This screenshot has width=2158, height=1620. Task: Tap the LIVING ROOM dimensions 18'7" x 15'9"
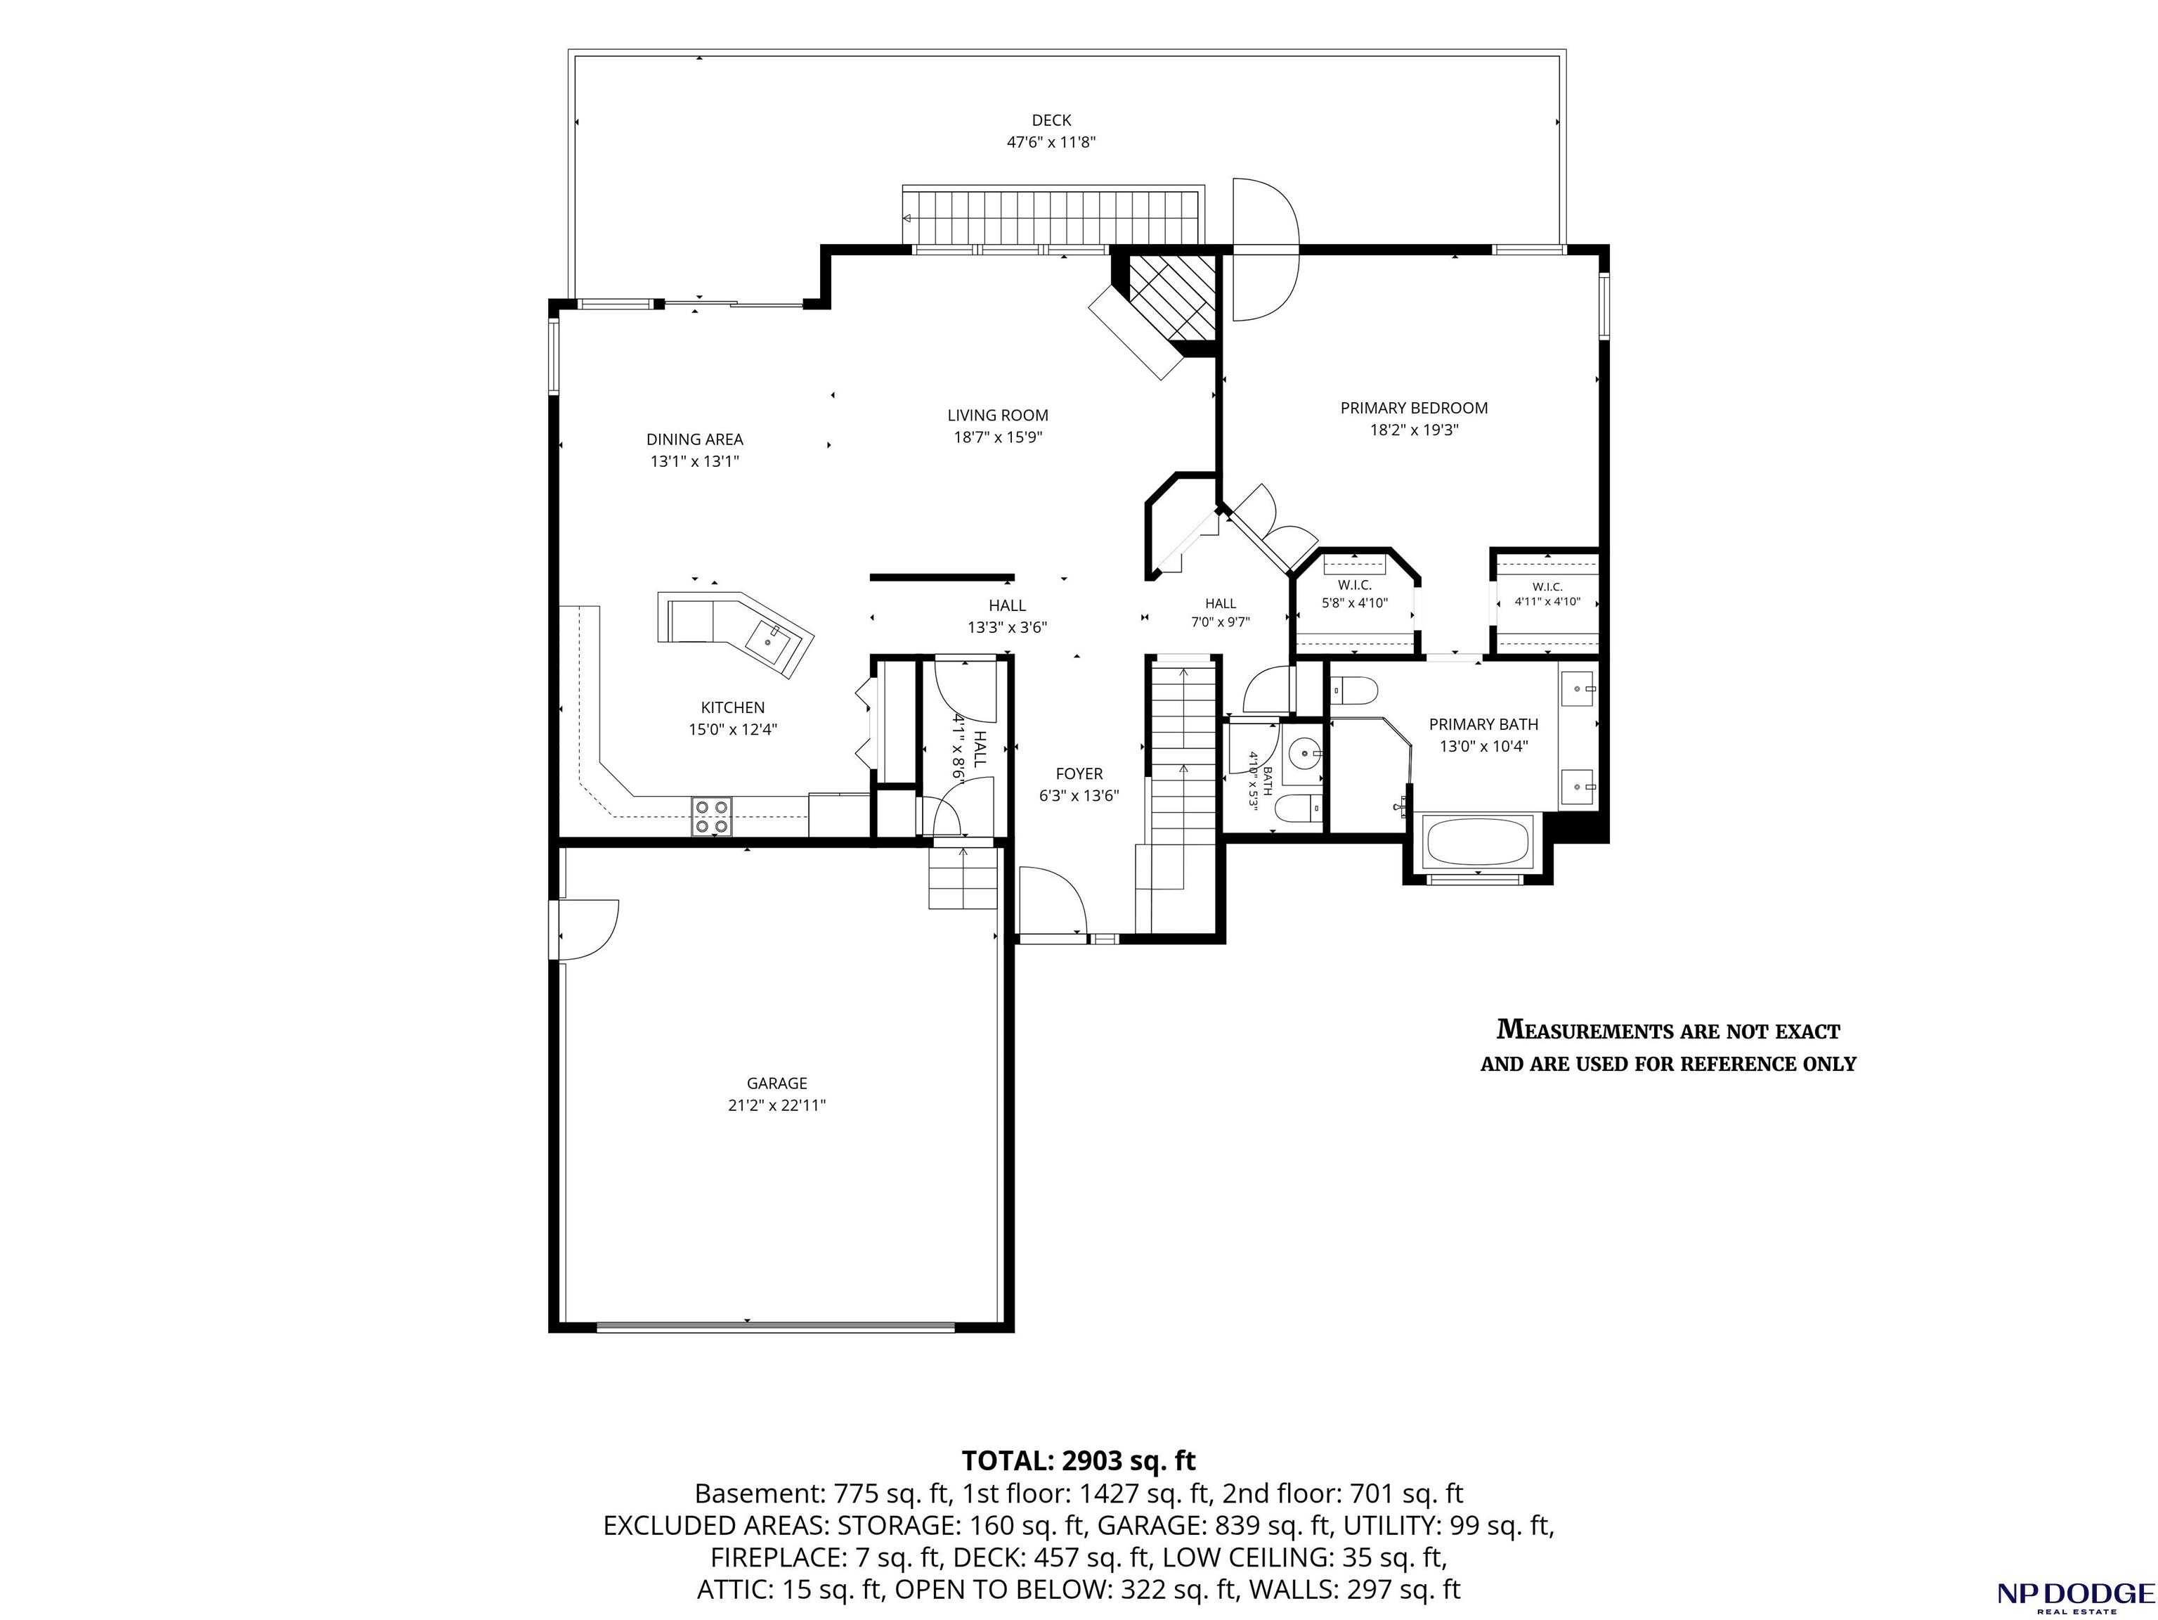998,437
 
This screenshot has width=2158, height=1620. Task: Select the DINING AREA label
694,439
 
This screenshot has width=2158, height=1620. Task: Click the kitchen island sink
772,641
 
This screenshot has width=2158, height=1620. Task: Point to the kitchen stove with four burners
711,817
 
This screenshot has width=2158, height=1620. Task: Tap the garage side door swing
588,929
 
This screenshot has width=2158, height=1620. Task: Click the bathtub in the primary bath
1477,841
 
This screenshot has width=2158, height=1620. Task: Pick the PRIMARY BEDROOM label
1414,408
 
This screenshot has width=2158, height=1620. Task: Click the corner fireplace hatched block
1171,297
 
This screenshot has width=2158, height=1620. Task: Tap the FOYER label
1079,774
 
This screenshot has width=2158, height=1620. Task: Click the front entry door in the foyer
1052,903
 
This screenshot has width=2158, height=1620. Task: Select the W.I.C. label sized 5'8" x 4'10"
1354,593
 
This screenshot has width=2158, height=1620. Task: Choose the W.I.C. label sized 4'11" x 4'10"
1547,594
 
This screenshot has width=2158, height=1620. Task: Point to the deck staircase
1053,218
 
